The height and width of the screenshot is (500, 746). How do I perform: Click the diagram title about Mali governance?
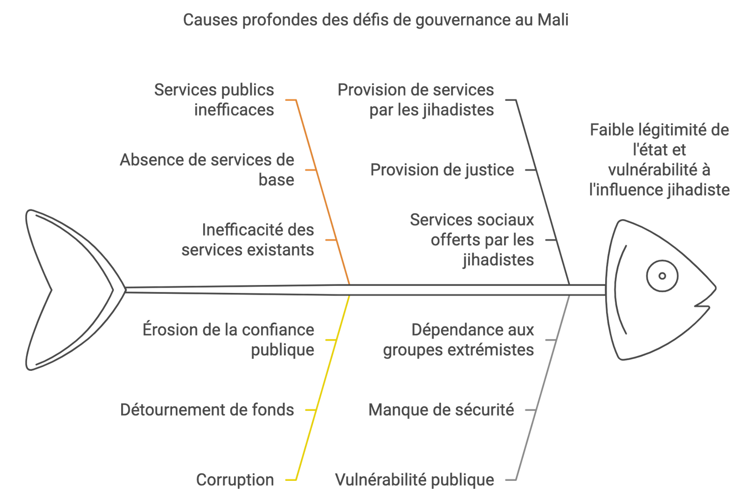376,21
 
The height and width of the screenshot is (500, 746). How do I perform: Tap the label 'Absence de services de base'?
207,170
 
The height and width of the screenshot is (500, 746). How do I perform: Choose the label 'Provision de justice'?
442,170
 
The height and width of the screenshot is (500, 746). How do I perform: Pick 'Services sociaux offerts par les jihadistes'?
472,240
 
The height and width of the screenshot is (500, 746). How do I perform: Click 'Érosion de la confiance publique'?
228,340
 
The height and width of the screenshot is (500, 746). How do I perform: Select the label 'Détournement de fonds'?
207,410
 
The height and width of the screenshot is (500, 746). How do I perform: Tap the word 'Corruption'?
235,480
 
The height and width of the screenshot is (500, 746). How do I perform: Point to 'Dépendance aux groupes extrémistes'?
459,340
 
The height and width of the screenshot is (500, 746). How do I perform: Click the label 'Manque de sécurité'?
441,410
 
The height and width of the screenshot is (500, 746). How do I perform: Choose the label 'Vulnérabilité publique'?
415,480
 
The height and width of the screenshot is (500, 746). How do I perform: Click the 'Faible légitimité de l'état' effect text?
659,160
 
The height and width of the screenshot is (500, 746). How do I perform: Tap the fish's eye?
662,276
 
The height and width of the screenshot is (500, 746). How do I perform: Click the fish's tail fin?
65,290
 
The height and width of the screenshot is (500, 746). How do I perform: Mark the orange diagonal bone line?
324,191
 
